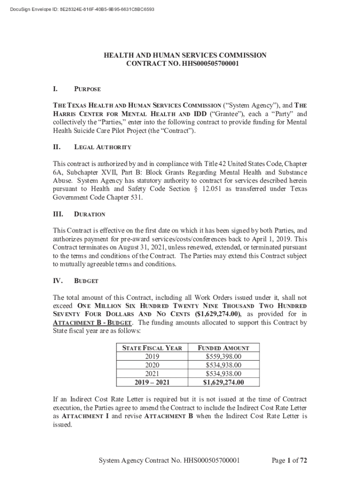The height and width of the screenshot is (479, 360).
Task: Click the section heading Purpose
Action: click(87, 89)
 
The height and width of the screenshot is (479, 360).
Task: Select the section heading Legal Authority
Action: click(103, 147)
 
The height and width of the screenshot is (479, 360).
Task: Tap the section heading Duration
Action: click(90, 214)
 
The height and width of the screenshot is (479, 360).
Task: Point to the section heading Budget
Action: click(86, 281)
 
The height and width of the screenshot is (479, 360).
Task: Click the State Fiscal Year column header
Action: click(152, 348)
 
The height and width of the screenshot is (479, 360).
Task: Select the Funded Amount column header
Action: click(223, 348)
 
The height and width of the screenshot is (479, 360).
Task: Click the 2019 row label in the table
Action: click(152, 356)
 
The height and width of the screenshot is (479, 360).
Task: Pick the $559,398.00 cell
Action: click(223, 356)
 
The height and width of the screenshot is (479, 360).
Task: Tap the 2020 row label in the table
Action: click(152, 365)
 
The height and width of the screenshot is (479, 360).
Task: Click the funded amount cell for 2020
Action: click(223, 365)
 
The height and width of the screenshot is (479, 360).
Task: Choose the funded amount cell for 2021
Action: click(223, 374)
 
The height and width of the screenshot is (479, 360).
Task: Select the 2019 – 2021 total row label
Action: click(152, 382)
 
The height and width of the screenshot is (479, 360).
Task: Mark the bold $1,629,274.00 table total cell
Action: click(223, 382)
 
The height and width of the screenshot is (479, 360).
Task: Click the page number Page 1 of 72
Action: click(289, 461)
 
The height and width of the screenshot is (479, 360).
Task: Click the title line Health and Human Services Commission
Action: click(185, 55)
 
